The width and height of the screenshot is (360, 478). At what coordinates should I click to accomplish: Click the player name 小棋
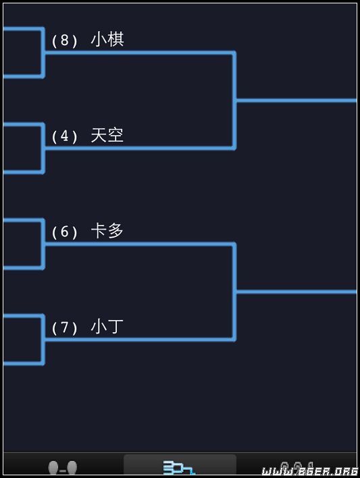coord(107,39)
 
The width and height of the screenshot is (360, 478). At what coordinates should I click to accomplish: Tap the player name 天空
coord(107,135)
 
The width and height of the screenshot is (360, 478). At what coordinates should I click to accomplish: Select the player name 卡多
coord(107,231)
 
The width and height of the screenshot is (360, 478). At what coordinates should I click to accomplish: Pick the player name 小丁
coord(107,327)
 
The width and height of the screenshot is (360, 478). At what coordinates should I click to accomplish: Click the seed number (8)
coord(64,41)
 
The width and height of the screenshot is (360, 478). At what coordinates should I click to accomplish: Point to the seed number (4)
coord(64,136)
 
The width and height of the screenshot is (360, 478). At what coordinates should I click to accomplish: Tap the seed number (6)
coord(64,232)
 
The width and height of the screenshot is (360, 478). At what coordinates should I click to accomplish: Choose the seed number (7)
coord(64,327)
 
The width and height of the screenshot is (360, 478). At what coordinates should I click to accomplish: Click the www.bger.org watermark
coord(309,471)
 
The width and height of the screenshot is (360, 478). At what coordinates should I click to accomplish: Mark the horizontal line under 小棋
coord(139,53)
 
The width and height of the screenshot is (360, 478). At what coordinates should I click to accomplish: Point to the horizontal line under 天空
coord(139,149)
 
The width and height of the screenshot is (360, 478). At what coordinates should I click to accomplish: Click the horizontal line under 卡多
coord(139,244)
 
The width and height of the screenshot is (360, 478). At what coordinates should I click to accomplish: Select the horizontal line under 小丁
coord(139,340)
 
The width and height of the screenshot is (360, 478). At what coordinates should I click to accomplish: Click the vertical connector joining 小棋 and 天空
coord(234,101)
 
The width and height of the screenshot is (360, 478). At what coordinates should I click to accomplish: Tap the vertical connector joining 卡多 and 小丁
coord(234,292)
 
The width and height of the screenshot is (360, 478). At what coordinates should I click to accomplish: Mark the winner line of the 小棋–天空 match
coord(297,101)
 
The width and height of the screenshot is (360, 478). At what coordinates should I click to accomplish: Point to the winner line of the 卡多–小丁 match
coord(297,292)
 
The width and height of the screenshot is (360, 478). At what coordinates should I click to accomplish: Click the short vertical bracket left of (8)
coord(43,53)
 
